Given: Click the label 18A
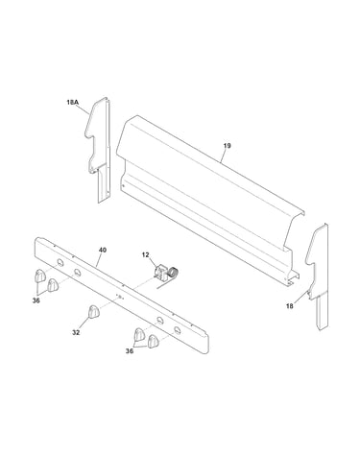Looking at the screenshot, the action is click(x=73, y=103).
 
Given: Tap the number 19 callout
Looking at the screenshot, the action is click(x=227, y=146).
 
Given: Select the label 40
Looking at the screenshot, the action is click(x=103, y=250).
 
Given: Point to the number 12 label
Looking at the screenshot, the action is click(x=146, y=254).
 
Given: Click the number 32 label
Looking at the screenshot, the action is click(x=76, y=332).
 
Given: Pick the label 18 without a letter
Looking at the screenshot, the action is click(x=289, y=306).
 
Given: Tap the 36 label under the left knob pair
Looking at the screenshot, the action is click(x=36, y=300).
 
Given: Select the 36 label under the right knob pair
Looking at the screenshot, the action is click(x=130, y=351).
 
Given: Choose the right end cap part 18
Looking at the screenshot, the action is click(x=318, y=276).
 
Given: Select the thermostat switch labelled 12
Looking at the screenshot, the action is click(x=166, y=275).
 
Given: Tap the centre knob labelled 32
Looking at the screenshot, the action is click(x=93, y=312).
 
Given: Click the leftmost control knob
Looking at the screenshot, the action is click(x=39, y=276).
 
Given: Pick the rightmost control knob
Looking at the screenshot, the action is click(x=153, y=342).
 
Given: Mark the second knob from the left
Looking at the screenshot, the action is click(x=52, y=285).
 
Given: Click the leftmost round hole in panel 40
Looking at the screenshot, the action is click(x=60, y=262).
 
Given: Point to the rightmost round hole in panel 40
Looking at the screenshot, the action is click(x=178, y=329).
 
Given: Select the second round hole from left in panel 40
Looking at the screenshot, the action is click(x=78, y=272).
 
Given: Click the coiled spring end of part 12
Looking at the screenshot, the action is click(x=173, y=274).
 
